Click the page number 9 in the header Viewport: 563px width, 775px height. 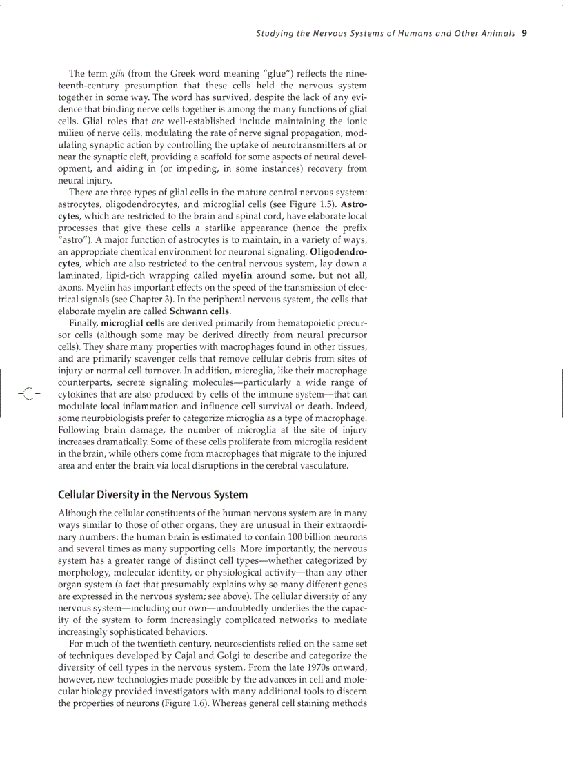(525, 32)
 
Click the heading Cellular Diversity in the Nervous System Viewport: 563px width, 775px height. (152, 495)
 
